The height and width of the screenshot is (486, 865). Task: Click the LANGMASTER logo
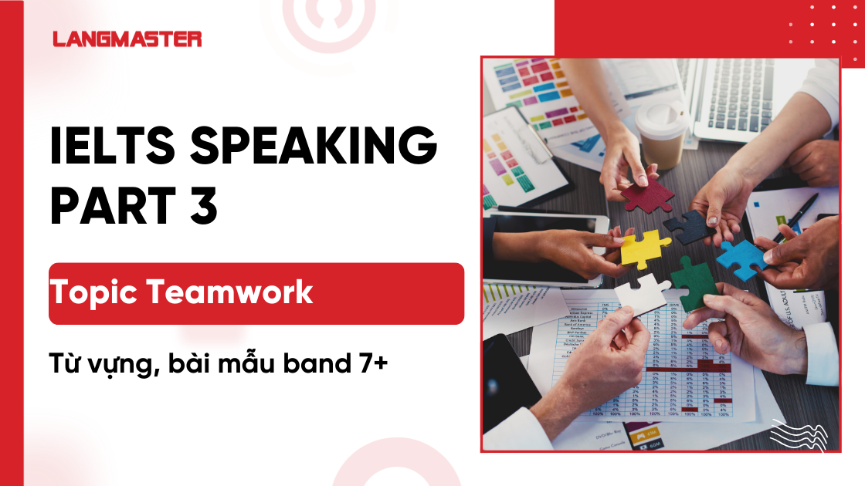click(127, 39)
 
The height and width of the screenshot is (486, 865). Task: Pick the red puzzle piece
click(647, 194)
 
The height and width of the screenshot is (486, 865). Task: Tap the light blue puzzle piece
click(741, 258)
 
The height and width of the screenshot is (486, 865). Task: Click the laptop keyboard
click(741, 93)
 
